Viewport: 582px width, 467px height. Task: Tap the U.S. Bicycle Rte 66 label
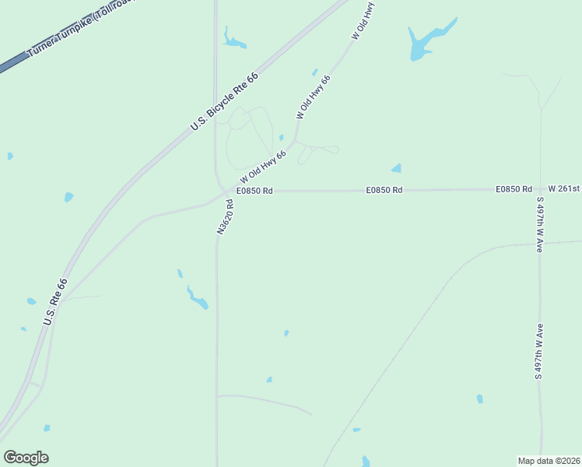coord(224,101)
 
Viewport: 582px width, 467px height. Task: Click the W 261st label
coord(564,189)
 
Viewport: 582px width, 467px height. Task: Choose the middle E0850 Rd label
coord(385,190)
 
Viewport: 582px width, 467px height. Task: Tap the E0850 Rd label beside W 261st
coord(514,189)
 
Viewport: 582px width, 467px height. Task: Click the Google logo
coord(26,458)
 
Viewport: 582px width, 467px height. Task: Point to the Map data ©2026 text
coord(549,460)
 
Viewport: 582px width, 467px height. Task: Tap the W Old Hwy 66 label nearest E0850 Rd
coord(263,166)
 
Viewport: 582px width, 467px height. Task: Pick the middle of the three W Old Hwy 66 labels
coord(314,97)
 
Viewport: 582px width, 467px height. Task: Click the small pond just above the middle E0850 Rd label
coord(396,168)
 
